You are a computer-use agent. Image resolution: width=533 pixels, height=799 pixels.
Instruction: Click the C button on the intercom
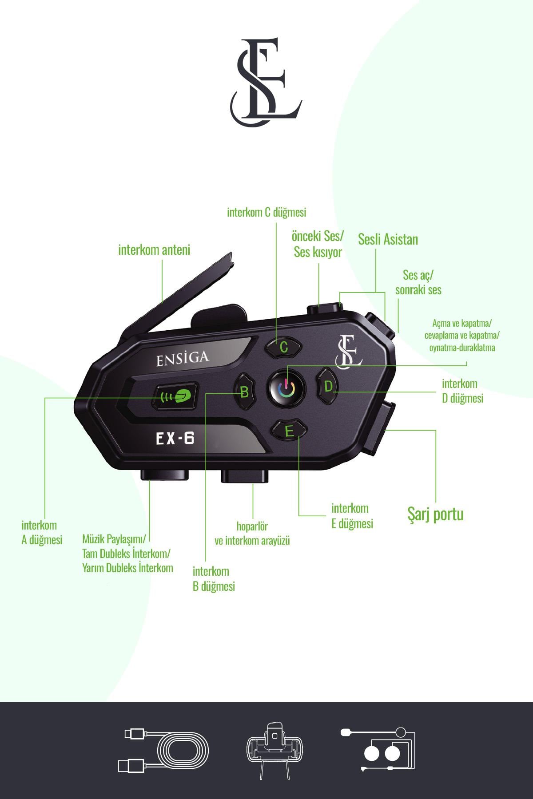click(x=283, y=347)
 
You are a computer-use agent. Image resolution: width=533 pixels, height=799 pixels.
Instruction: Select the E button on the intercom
click(x=289, y=431)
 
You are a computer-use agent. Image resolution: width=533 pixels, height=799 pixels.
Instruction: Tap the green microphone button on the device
click(x=175, y=396)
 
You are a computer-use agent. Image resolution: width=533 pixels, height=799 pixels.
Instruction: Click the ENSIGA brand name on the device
click(x=182, y=358)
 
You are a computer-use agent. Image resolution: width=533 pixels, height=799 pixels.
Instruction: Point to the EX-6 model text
click(x=175, y=439)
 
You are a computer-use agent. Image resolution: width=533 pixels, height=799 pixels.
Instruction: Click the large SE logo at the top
click(x=266, y=83)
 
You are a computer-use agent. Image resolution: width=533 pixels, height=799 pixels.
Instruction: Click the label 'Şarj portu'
click(x=435, y=514)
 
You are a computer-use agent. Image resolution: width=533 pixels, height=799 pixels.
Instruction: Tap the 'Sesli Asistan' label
click(x=388, y=239)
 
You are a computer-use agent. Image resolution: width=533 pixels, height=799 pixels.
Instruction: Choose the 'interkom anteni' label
click(x=154, y=250)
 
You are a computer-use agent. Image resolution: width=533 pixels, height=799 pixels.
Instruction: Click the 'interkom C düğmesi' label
click(x=266, y=212)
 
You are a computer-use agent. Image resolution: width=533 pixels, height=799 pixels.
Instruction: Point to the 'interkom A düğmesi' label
click(x=42, y=532)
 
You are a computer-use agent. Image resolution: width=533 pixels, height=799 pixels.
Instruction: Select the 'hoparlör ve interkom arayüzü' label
click(x=252, y=534)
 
